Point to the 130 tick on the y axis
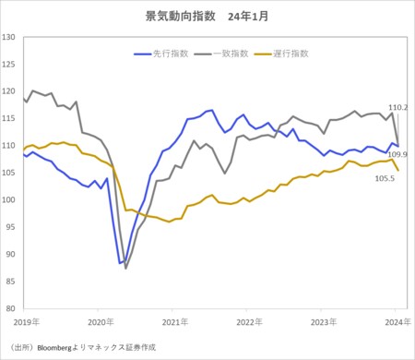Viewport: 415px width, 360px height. [9, 37]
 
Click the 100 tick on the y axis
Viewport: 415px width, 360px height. [9, 199]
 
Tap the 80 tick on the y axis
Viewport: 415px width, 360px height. [11, 307]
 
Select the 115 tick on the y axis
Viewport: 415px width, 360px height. [9, 118]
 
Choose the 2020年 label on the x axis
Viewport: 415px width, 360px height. [99, 321]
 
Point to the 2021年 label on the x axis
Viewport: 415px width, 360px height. [174, 321]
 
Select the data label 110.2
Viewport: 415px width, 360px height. [398, 108]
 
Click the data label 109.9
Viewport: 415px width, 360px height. [398, 153]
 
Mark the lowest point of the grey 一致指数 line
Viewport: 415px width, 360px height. [126, 268]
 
